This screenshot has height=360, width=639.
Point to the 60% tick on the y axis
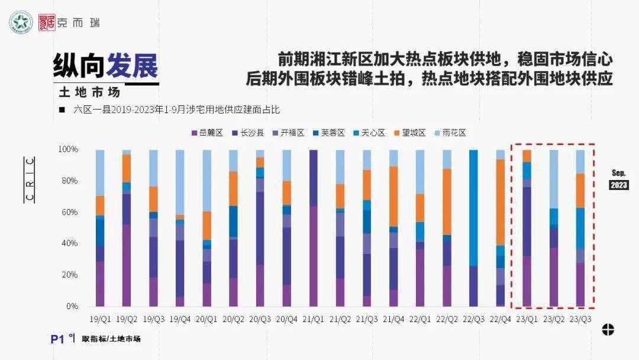(69, 212)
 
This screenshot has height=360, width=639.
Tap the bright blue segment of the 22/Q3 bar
(473, 208)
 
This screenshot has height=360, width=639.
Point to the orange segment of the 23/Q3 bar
(580, 190)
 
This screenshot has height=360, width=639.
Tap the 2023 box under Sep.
(619, 185)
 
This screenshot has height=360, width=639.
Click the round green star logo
(21, 22)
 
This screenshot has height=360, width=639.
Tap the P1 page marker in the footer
(57, 339)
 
